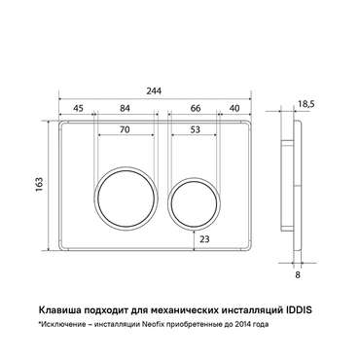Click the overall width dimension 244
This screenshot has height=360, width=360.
[154, 91]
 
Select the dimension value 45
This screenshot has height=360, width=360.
[78, 108]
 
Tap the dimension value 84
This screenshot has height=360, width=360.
[125, 108]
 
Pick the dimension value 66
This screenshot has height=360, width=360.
[196, 108]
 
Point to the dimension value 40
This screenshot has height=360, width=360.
[234, 108]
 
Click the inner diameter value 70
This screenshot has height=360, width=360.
[125, 129]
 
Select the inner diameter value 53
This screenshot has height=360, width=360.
[195, 129]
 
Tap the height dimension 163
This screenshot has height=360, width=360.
[40, 185]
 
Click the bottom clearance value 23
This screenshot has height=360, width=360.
[204, 239]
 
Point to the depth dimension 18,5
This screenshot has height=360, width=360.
[306, 104]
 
